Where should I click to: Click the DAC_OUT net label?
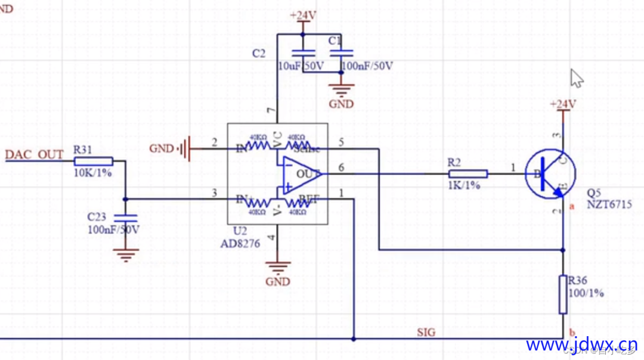[x=34, y=155]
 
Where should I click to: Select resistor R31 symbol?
[x=92, y=161]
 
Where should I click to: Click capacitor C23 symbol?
[x=125, y=218]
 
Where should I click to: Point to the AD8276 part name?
[x=240, y=243]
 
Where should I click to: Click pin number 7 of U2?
[x=272, y=111]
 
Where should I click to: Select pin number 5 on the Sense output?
[x=341, y=142]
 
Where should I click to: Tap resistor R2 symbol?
[x=468, y=174]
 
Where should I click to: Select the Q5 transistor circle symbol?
[x=550, y=173]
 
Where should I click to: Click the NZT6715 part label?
[x=608, y=204]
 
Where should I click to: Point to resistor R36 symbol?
[x=563, y=294]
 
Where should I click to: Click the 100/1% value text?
[x=586, y=293]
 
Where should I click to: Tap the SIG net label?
[x=426, y=332]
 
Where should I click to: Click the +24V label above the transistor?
[x=563, y=104]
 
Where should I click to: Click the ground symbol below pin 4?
[x=277, y=268]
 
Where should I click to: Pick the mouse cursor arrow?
[x=577, y=77]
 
